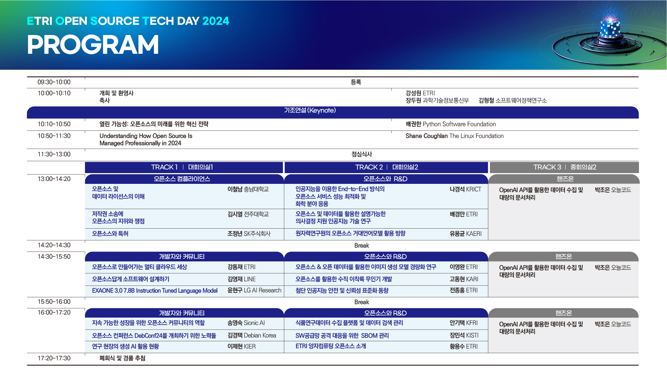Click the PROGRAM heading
pos(93,45)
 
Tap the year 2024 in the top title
pos(216,21)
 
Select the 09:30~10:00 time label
pos(54,82)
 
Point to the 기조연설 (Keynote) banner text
pos(310,110)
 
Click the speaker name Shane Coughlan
pos(426,136)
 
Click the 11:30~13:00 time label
pos(54,154)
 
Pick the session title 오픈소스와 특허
pos(110,233)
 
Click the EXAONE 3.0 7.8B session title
pos(155,290)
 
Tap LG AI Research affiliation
pos(262,290)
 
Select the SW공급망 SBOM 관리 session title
pos(342,335)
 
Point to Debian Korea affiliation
pos(260,335)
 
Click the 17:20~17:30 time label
pos(54,358)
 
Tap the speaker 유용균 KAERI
pos(466,234)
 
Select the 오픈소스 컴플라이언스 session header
pos(182,179)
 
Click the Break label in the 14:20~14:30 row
pos(361,246)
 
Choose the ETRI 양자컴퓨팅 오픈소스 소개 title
pos(331,346)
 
